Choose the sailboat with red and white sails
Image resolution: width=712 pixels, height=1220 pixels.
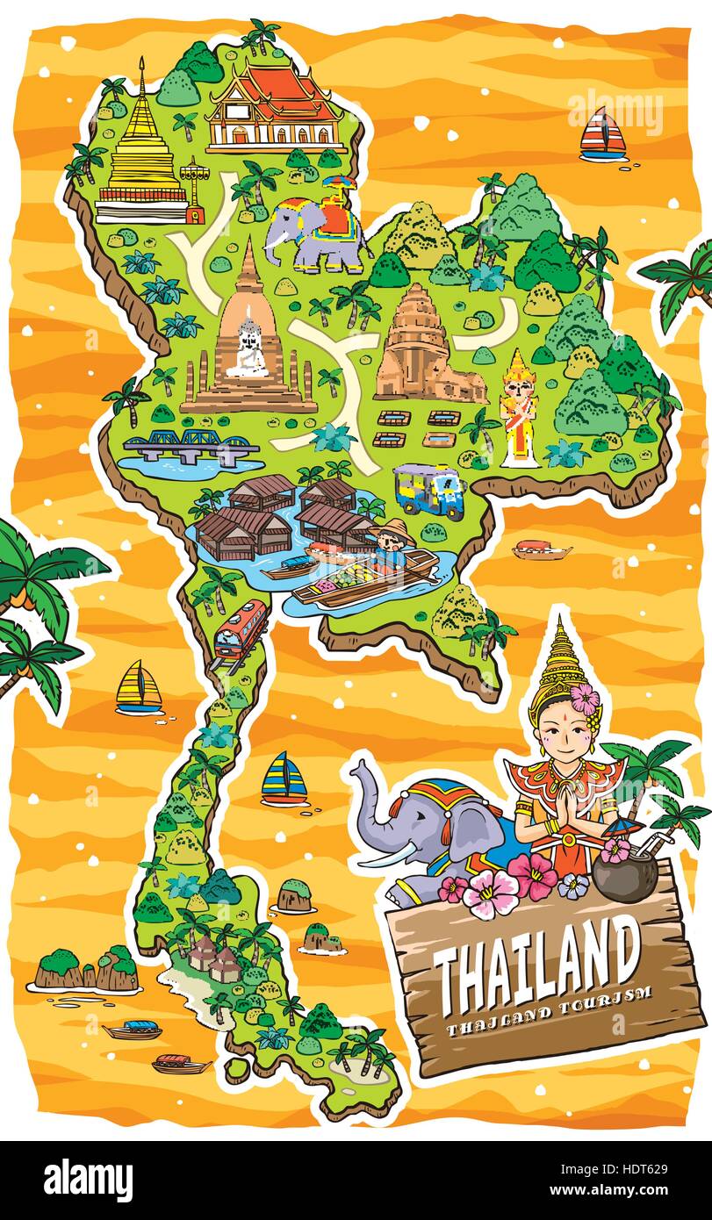(604, 133)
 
